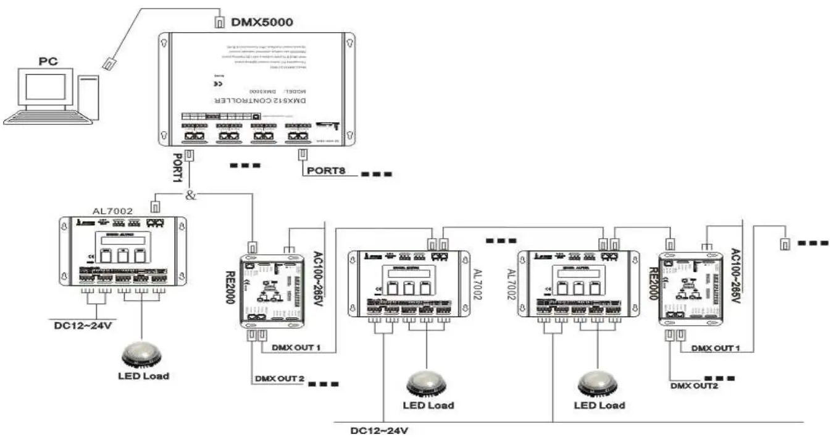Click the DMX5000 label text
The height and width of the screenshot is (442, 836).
coord(262,22)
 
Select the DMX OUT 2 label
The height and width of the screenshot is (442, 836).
coord(278,378)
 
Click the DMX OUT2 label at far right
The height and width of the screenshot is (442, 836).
coord(694,385)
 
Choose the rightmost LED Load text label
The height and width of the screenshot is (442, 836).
coord(599,405)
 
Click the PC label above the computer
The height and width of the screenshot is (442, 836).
coord(49,61)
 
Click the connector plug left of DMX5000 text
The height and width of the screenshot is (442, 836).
coord(219,22)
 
